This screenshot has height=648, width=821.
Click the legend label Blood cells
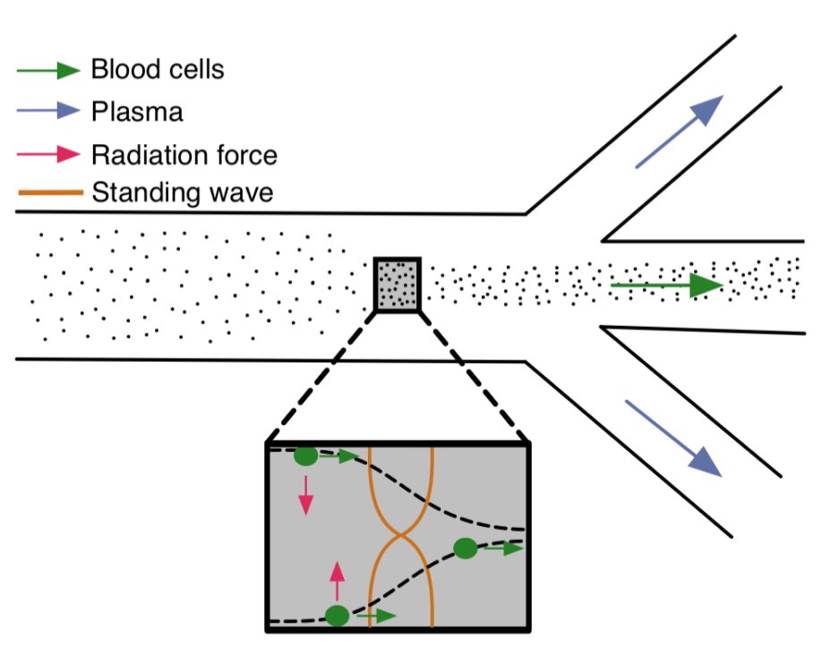157,70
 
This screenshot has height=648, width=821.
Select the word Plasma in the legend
137,112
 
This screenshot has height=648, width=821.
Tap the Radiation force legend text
184,155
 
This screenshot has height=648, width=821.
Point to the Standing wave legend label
182,192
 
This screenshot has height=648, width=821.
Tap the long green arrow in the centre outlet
666,286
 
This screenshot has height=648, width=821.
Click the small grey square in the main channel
397,285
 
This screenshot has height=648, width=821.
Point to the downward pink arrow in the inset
306,495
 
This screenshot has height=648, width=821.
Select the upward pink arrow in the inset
337,580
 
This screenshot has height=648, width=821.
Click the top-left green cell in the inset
305,456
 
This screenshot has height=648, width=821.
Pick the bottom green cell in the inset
337,616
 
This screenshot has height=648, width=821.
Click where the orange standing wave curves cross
401,536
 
